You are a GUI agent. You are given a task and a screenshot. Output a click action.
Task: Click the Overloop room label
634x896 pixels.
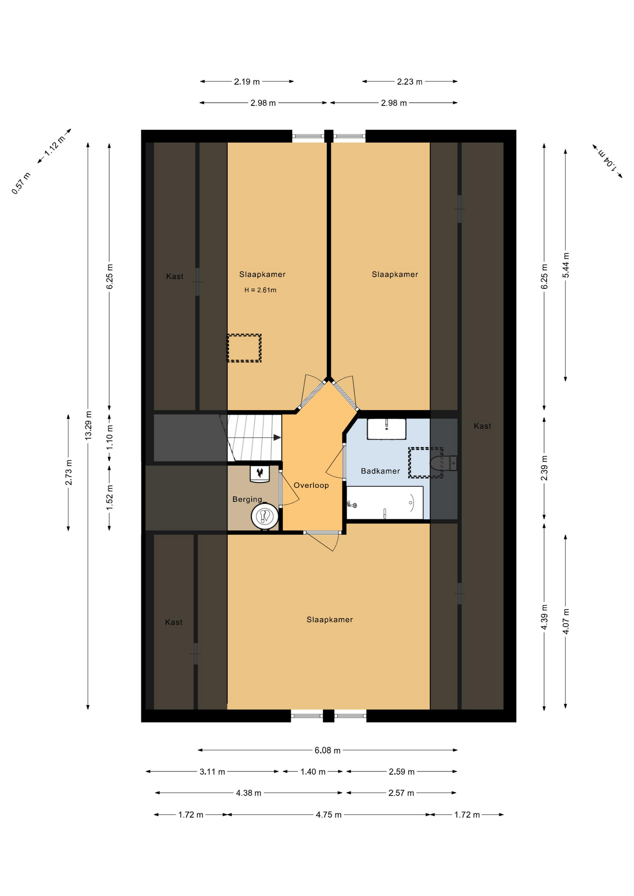pyautogui.click(x=311, y=485)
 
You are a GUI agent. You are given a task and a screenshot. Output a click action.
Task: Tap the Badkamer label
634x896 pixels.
pyautogui.click(x=380, y=471)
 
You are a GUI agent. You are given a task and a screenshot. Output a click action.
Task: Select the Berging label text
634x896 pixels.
pyautogui.click(x=247, y=499)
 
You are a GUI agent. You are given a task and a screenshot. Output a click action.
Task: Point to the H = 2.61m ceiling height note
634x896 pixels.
pyautogui.click(x=260, y=290)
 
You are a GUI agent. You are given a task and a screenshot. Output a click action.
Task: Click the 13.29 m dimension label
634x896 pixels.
pyautogui.click(x=88, y=425)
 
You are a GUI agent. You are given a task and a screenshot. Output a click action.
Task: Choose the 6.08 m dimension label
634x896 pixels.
pyautogui.click(x=327, y=750)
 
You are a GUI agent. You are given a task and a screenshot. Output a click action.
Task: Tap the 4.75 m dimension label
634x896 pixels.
pyautogui.click(x=329, y=815)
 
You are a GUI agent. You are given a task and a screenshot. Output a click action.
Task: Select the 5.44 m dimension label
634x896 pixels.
pyautogui.click(x=566, y=265)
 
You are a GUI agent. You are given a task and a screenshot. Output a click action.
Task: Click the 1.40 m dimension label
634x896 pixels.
pyautogui.click(x=313, y=772)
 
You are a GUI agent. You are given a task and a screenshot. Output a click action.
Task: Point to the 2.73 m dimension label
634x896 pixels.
pyautogui.click(x=69, y=472)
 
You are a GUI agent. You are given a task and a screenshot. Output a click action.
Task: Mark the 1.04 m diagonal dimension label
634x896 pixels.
pyautogui.click(x=607, y=161)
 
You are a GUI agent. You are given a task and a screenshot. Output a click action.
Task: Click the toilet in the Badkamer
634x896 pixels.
pyautogui.click(x=443, y=463)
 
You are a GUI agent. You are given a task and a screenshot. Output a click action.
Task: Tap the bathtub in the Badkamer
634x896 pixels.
pyautogui.click(x=385, y=503)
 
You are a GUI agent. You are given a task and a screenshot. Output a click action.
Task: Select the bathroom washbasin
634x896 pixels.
pyautogui.click(x=387, y=429)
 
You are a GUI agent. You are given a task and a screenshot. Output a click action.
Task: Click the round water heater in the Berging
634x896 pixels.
pyautogui.click(x=265, y=516)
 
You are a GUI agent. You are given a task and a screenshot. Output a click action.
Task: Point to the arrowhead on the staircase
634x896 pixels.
pyautogui.click(x=277, y=438)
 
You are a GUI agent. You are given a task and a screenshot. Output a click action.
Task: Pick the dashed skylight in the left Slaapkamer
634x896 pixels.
pyautogui.click(x=244, y=348)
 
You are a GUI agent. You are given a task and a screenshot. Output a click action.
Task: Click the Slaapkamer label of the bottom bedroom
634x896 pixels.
pyautogui.click(x=330, y=620)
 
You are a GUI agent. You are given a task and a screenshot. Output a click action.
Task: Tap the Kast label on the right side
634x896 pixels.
pyautogui.click(x=482, y=426)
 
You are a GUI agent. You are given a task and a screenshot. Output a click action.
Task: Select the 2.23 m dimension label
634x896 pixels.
pyautogui.click(x=409, y=82)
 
